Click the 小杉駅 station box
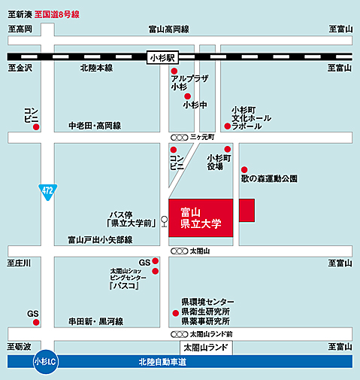pyautogui.click(x=162, y=58)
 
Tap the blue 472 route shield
pyautogui.click(x=47, y=192)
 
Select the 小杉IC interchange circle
pyautogui.click(x=46, y=362)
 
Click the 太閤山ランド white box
pyautogui.click(x=206, y=348)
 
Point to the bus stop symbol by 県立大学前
pyautogui.click(x=165, y=221)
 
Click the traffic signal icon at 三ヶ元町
pyautogui.click(x=179, y=138)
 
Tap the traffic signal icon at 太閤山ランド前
pyautogui.click(x=179, y=334)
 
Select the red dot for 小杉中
pyautogui.click(x=187, y=96)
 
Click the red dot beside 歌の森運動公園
pyautogui.click(x=244, y=169)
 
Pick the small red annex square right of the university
pyautogui.click(x=247, y=210)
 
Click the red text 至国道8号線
pyautogui.click(x=57, y=14)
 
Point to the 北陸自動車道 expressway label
pyautogui.click(x=162, y=362)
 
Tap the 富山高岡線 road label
pyautogui.click(x=169, y=29)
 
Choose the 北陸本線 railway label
pyautogui.click(x=96, y=68)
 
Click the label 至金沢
pyautogui.click(x=20, y=68)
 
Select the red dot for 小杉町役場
pyautogui.click(x=228, y=149)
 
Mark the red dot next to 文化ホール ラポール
pyautogui.click(x=228, y=126)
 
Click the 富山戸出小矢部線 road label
pyautogui.click(x=100, y=240)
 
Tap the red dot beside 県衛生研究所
pyautogui.click(x=176, y=313)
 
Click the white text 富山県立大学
pyautogui.click(x=201, y=218)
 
